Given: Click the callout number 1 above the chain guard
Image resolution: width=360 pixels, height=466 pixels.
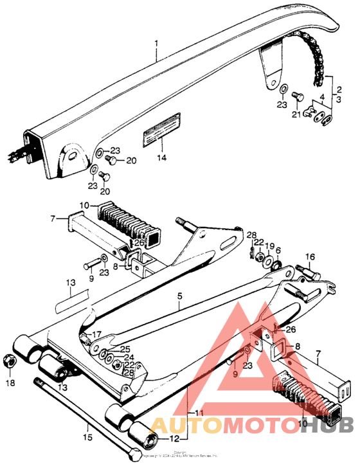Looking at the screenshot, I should [156, 45].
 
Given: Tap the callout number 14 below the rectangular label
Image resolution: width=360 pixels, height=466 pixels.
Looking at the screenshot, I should [161, 157].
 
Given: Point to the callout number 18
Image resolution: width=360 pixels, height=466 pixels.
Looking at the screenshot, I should [10, 383].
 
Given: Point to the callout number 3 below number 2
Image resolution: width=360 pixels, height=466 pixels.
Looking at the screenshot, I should [338, 100].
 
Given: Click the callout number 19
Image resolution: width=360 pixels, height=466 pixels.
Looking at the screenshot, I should [270, 246].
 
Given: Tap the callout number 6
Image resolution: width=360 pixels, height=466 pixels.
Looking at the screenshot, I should [278, 251].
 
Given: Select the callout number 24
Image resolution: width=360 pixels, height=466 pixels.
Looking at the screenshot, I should [129, 357].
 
